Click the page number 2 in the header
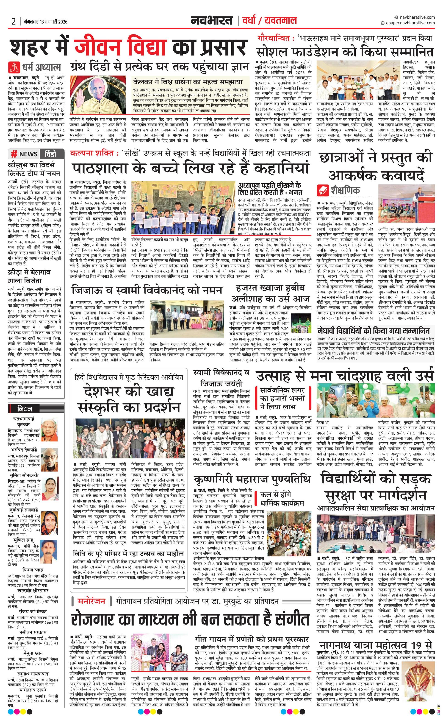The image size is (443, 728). [x=14, y=21]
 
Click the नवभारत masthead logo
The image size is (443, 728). [x=211, y=21]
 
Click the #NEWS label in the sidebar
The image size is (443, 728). [x=24, y=154]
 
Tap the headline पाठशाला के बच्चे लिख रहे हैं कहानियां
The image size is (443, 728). [x=191, y=168]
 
